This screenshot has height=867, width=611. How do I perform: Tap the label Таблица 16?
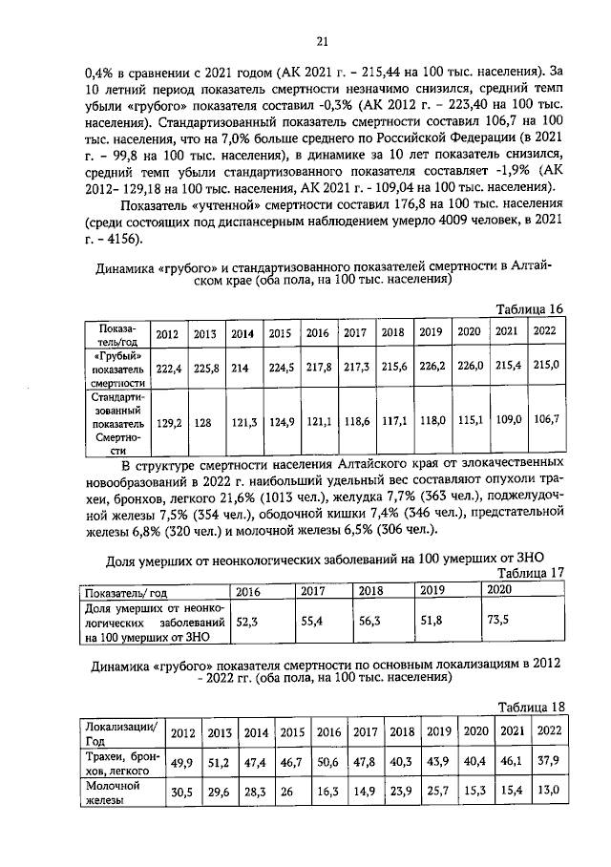point(531,307)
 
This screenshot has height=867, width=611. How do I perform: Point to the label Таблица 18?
point(531,706)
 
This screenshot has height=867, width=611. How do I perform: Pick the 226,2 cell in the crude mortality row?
point(432,366)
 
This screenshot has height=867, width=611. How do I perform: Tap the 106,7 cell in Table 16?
point(545,418)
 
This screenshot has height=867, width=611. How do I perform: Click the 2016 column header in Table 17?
point(248,590)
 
